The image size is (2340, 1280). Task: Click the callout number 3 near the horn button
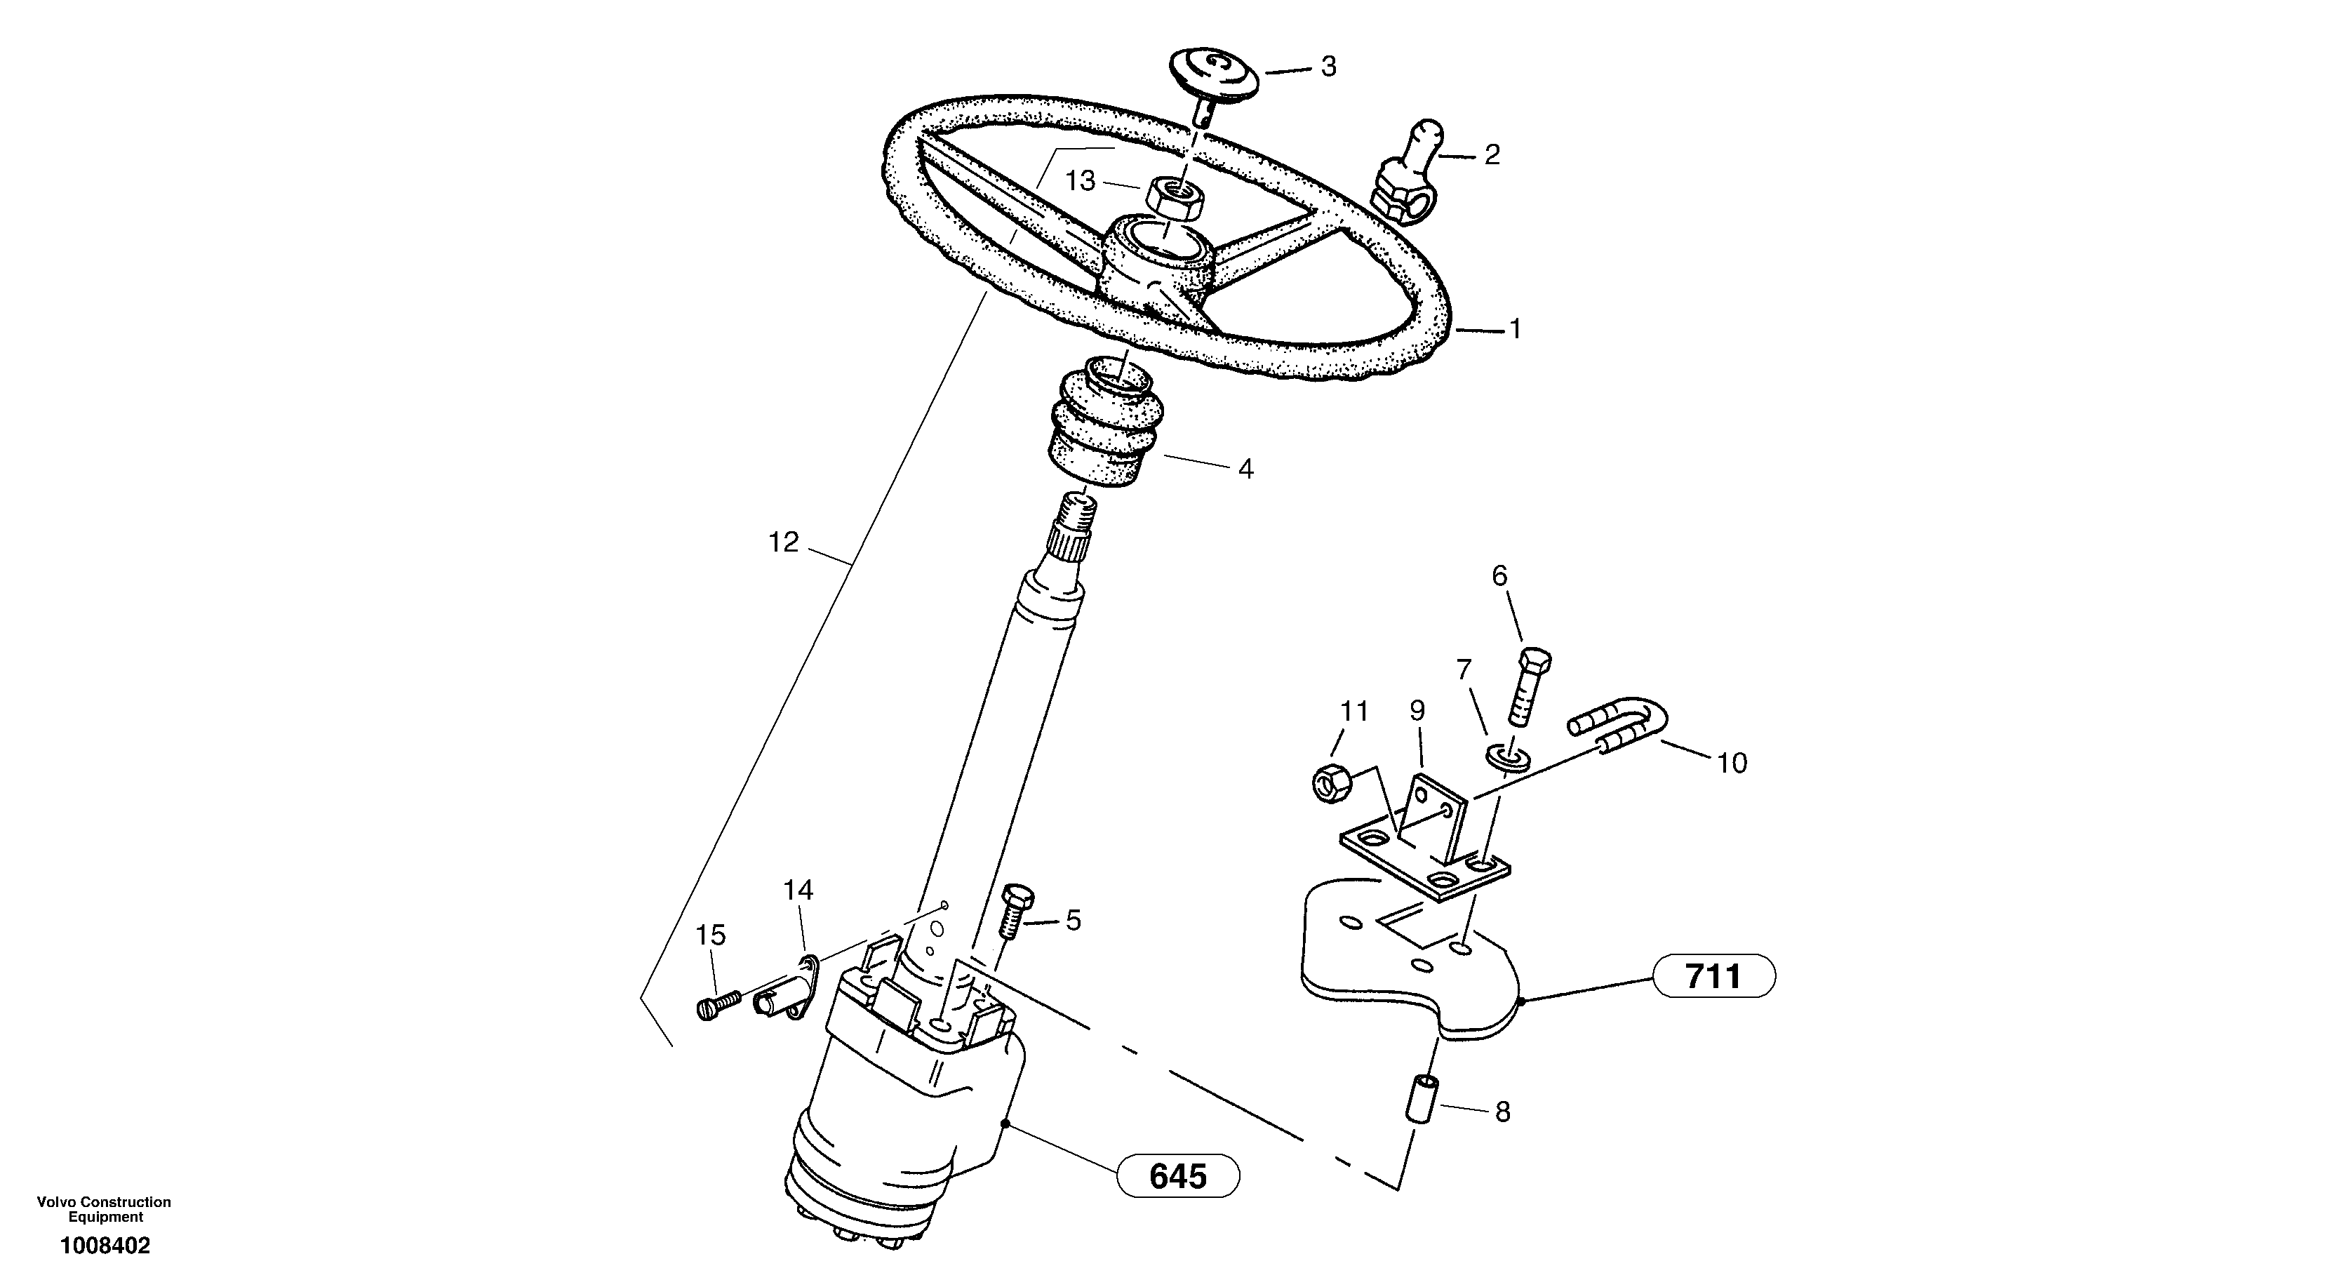click(x=1328, y=67)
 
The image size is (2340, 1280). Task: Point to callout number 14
click(x=798, y=891)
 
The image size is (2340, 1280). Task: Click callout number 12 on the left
click(x=783, y=543)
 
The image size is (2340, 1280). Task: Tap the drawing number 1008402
click(x=105, y=1246)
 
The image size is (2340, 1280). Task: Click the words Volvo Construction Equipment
click(x=105, y=1209)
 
